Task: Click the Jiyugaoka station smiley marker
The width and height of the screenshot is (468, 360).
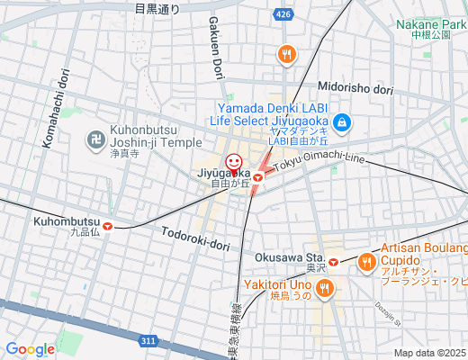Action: point(234,164)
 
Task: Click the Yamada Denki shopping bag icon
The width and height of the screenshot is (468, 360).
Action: point(341,122)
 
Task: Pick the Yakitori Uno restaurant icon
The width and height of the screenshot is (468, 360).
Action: point(324,288)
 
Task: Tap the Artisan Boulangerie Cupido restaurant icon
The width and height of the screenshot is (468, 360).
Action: point(366,263)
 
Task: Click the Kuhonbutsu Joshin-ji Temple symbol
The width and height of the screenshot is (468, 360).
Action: point(94,139)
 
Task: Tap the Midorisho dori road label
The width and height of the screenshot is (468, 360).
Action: point(356,89)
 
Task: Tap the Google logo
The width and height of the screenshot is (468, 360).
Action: point(30,349)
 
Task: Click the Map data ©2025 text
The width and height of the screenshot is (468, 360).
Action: point(429,353)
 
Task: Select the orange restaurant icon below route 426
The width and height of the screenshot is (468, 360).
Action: point(287,54)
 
